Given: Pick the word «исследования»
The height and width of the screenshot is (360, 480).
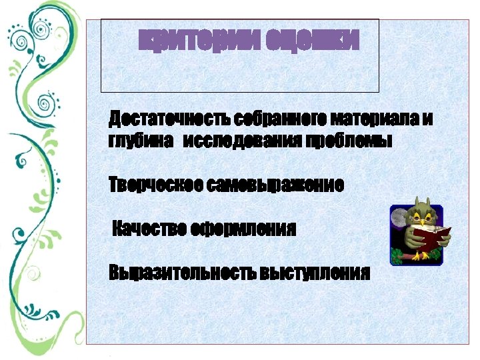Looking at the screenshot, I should point(241,141).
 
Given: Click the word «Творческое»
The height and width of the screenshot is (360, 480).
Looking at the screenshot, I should point(154,185).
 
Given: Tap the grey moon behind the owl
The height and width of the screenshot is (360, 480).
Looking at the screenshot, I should point(402,217).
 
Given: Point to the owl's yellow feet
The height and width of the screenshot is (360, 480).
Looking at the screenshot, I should point(420,255).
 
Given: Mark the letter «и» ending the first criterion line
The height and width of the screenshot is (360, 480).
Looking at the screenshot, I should point(427,119).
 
